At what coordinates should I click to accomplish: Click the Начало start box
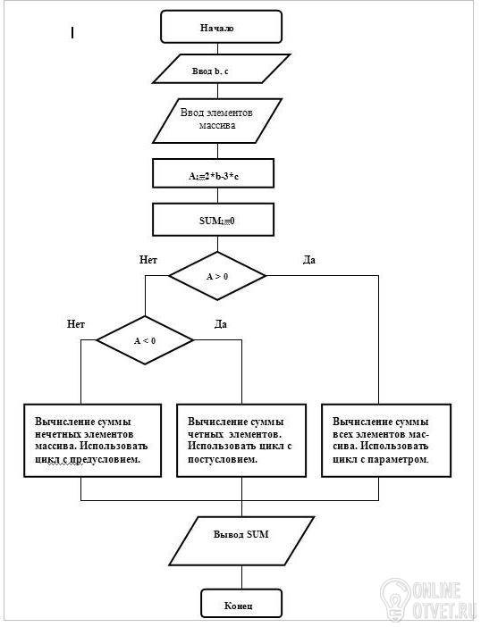click(x=222, y=27)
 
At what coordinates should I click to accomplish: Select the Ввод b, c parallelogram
click(x=222, y=69)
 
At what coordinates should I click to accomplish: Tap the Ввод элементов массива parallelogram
click(x=217, y=121)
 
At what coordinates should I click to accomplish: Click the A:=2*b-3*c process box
click(x=214, y=173)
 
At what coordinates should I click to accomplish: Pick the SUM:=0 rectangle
click(x=214, y=220)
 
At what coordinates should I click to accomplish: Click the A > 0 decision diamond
click(x=217, y=276)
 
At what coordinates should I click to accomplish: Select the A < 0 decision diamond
click(x=145, y=340)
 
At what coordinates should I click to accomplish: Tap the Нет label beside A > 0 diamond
click(x=148, y=260)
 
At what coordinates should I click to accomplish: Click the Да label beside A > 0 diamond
click(x=309, y=260)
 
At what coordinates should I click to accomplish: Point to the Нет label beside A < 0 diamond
click(x=76, y=324)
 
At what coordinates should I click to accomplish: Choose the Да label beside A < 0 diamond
click(x=221, y=324)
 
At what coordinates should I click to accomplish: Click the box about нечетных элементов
click(x=92, y=440)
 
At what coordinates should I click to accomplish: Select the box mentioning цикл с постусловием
click(x=241, y=440)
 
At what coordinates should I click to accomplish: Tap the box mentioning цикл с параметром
click(x=386, y=440)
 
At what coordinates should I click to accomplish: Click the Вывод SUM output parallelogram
click(x=241, y=540)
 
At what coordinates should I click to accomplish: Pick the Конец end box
click(x=241, y=603)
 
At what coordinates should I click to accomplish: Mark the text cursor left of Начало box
click(x=72, y=32)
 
